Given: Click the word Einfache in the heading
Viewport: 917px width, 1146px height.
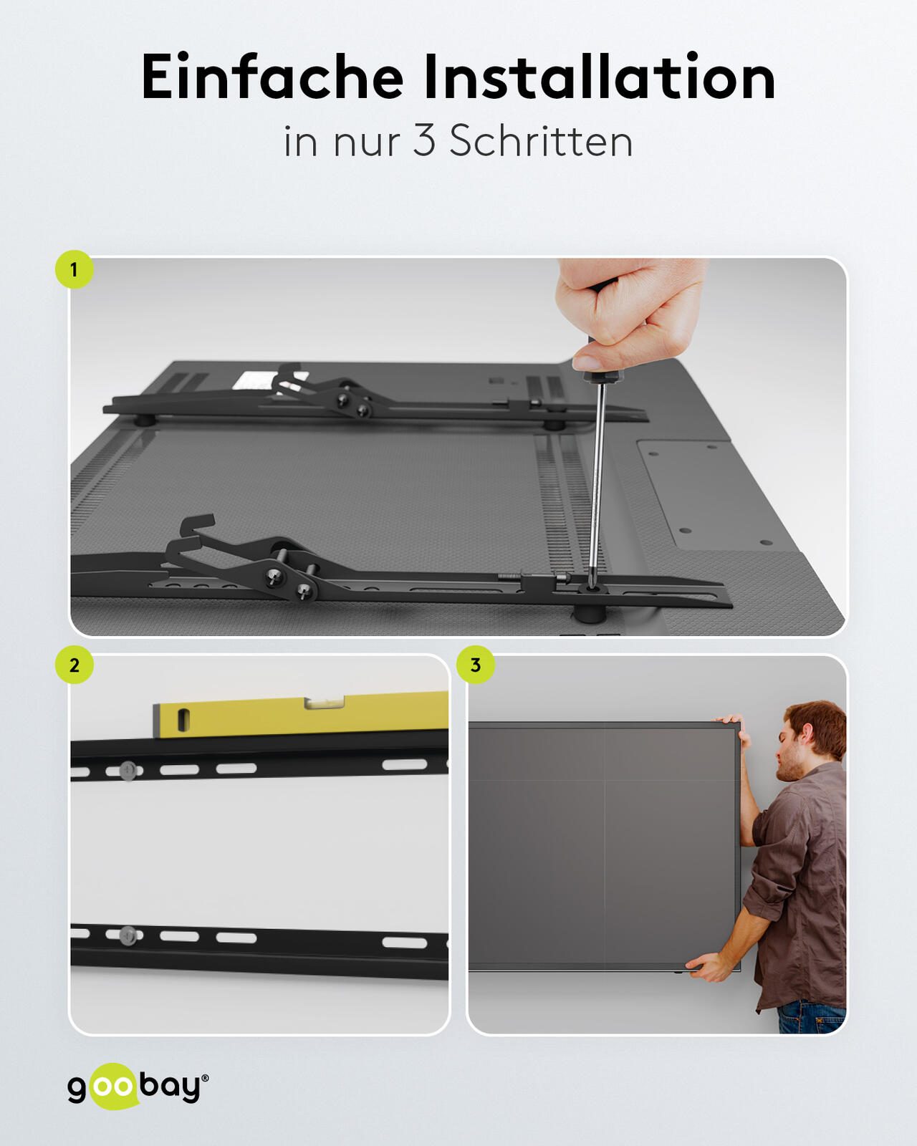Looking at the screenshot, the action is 272,77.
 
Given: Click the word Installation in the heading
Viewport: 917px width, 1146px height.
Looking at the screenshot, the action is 600,77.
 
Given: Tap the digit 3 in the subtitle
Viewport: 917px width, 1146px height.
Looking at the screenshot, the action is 424,141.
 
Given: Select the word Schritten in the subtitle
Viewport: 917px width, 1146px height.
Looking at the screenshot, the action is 542,141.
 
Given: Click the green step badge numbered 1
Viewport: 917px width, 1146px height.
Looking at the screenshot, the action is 74,269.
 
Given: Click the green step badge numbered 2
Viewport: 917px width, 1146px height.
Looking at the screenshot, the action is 74,665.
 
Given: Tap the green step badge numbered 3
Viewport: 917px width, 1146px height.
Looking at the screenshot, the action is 475,665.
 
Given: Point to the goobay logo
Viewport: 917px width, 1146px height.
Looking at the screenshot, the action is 138,1087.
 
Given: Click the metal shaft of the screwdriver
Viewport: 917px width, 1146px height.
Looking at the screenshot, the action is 597,479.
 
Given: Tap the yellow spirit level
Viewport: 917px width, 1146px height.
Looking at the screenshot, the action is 300,715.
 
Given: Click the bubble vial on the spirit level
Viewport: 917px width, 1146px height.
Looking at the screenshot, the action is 324,703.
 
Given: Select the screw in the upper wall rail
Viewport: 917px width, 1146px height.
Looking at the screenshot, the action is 128,770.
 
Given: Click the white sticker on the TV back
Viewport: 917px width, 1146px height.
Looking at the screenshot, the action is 256,380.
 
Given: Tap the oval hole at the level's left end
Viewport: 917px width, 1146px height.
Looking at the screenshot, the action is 183,719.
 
